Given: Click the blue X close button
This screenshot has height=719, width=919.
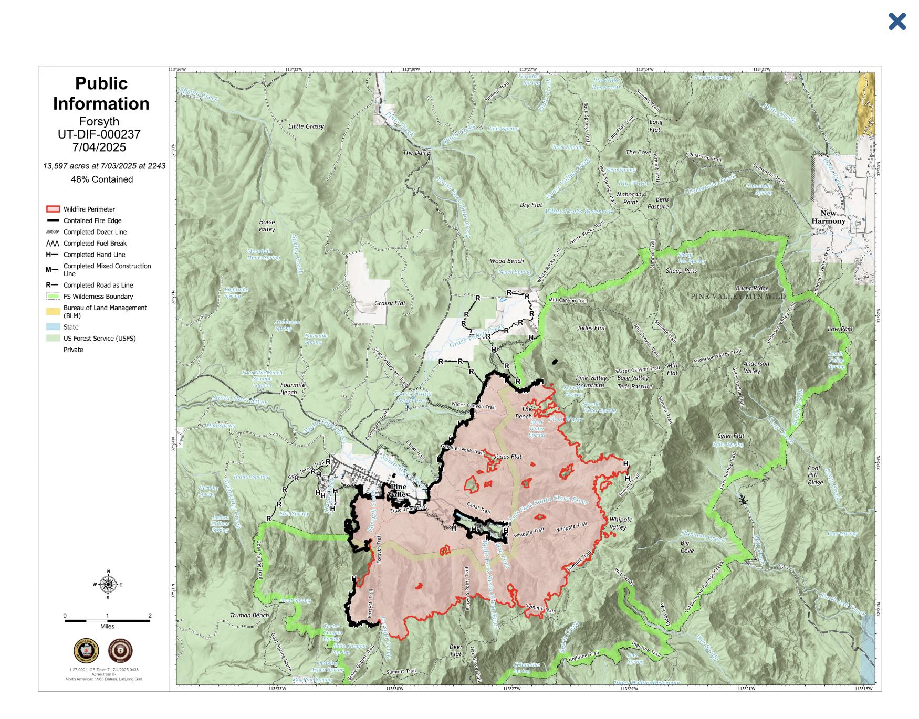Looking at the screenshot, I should pyautogui.click(x=897, y=22).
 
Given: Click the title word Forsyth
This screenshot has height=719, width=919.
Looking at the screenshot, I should pyautogui.click(x=99, y=122).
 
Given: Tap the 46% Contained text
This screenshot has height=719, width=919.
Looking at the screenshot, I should pyautogui.click(x=102, y=179).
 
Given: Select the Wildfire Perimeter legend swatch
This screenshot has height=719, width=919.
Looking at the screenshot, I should pyautogui.click(x=53, y=209).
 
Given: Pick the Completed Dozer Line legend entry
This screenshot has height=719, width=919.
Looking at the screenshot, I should pyautogui.click(x=95, y=232).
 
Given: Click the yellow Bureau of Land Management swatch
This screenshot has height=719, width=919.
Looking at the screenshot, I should pyautogui.click(x=53, y=312).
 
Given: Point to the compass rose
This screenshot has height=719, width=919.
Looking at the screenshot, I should pyautogui.click(x=108, y=584).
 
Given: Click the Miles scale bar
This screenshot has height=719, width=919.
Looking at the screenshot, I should pyautogui.click(x=107, y=621).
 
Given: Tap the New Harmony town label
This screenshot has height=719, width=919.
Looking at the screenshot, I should pyautogui.click(x=828, y=217).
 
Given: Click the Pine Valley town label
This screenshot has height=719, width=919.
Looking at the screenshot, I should pyautogui.click(x=398, y=490).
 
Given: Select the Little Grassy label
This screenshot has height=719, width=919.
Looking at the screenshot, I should pyautogui.click(x=306, y=126).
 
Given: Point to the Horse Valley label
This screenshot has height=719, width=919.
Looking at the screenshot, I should pyautogui.click(x=267, y=226).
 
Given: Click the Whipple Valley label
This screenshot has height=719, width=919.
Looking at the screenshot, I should pyautogui.click(x=620, y=523).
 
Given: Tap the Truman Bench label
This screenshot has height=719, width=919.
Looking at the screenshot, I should pyautogui.click(x=249, y=615).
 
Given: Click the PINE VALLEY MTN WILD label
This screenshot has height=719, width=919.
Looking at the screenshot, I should pyautogui.click(x=737, y=297).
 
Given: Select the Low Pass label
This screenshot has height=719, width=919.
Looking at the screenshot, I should pyautogui.click(x=840, y=329).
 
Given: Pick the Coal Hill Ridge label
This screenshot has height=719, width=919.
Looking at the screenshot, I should pyautogui.click(x=815, y=475).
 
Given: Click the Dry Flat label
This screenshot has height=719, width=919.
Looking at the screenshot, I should pyautogui.click(x=530, y=205).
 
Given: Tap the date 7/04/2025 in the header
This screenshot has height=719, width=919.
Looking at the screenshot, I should pyautogui.click(x=99, y=147).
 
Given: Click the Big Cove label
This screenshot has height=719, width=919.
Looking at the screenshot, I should pyautogui.click(x=687, y=547).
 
